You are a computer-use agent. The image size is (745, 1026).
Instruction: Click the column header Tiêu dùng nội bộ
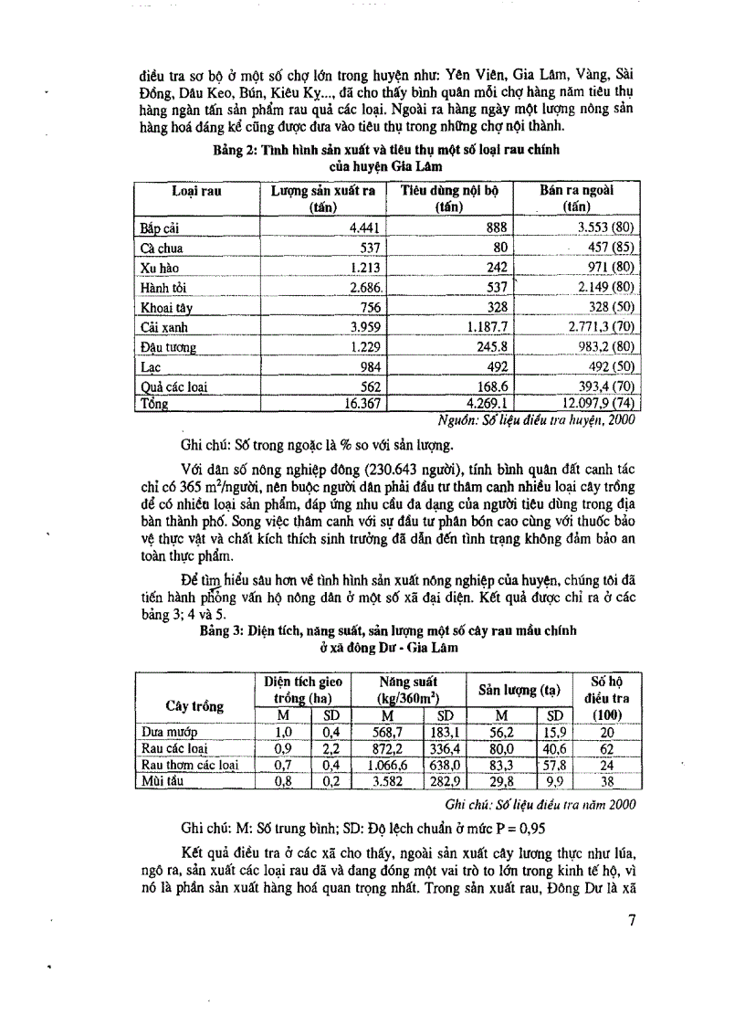point(446,190)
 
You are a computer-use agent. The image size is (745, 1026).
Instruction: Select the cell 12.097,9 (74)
point(593,403)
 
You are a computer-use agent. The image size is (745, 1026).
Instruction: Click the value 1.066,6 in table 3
point(382,765)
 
